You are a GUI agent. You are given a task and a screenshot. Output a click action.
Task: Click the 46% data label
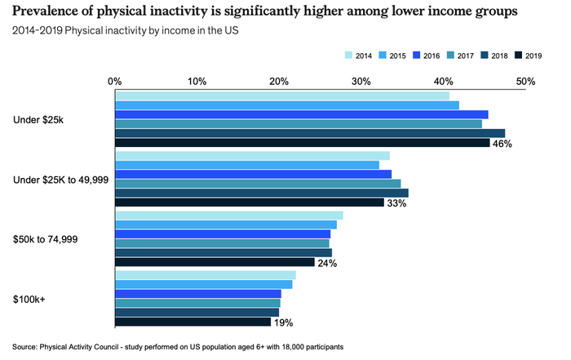coord(502,144)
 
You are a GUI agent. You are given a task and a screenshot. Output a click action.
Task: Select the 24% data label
coord(326,263)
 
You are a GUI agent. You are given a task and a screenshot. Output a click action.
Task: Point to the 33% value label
coord(396,203)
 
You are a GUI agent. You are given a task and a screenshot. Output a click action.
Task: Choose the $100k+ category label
coord(30,299)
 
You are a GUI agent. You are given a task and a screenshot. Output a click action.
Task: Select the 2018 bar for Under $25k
coord(309,133)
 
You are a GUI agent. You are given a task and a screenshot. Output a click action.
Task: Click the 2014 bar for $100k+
coord(205,274)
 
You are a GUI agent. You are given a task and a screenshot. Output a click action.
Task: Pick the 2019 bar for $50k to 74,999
coord(215,262)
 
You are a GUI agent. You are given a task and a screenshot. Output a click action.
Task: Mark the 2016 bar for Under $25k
coord(301,114)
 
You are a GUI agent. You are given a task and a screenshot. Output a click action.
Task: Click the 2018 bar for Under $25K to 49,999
coord(261,193)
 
